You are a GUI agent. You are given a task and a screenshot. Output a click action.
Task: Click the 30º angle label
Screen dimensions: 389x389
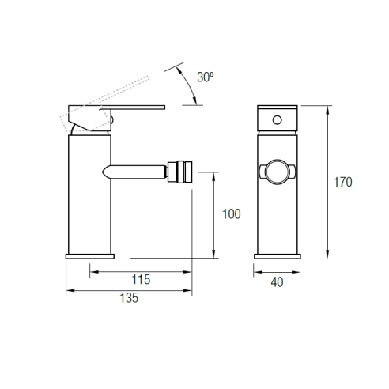[206, 77]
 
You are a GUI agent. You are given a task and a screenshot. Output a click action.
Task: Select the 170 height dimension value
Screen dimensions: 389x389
[343, 182]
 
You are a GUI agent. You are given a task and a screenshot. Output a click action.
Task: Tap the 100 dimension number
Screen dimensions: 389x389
[232, 214]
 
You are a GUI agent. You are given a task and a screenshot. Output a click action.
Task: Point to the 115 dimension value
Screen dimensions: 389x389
[141, 279]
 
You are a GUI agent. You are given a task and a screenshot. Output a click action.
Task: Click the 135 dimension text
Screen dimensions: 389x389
[129, 298]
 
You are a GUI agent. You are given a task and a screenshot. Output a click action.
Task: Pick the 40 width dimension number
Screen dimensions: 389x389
[277, 282]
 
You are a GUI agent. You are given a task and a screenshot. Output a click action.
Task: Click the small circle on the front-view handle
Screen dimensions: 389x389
[277, 120]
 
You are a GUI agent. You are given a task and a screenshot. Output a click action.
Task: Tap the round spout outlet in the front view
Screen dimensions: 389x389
[278, 172]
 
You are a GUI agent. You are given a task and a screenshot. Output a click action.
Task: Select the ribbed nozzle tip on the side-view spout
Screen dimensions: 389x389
[180, 172]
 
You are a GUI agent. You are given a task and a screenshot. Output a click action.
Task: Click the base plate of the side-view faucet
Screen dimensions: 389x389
[90, 256]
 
